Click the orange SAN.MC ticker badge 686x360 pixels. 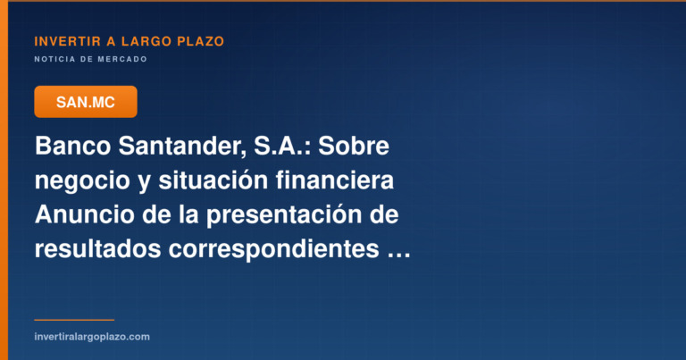[x=86, y=102]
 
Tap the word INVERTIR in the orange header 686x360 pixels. [x=68, y=42]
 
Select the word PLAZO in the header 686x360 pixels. [x=200, y=42]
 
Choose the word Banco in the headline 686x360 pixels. [x=72, y=146]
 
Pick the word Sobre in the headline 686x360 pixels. [x=354, y=146]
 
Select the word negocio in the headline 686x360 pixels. [x=82, y=180]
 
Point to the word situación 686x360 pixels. [x=213, y=180]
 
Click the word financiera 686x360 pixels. [x=335, y=180]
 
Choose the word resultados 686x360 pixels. [x=97, y=249]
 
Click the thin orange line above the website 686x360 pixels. [x=74, y=320]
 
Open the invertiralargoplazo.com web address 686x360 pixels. [x=92, y=337]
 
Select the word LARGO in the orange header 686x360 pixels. [x=146, y=42]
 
